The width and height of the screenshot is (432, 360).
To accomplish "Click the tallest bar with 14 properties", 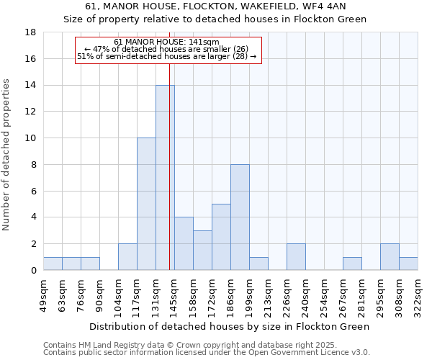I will [x=165, y=178].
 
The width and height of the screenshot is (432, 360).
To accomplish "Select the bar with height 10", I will [x=146, y=204].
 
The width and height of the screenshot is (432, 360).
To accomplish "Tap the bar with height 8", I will [x=240, y=217].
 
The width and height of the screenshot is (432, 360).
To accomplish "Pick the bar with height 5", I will [x=221, y=237].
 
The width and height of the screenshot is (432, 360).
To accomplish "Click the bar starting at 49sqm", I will [x=53, y=264].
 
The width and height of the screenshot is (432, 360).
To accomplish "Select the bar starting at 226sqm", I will [x=296, y=257].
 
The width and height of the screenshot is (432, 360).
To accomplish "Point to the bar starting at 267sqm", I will [x=352, y=264].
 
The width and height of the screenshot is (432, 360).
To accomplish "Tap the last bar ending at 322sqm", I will [x=408, y=264].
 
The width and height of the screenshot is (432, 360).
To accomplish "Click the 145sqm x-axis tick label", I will [x=175, y=294].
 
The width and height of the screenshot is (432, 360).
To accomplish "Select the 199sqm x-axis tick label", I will [x=250, y=294].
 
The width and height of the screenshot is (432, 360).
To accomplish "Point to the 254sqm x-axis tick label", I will [x=325, y=294].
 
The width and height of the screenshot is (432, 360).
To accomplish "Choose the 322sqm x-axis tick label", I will [x=418, y=294].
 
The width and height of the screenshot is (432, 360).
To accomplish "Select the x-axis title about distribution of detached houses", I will [x=230, y=326].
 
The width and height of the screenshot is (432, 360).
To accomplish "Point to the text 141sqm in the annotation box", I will [x=204, y=42].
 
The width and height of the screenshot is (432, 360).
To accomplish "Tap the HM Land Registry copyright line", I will [x=166, y=345].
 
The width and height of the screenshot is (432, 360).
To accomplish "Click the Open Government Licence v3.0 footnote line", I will [x=207, y=353].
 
